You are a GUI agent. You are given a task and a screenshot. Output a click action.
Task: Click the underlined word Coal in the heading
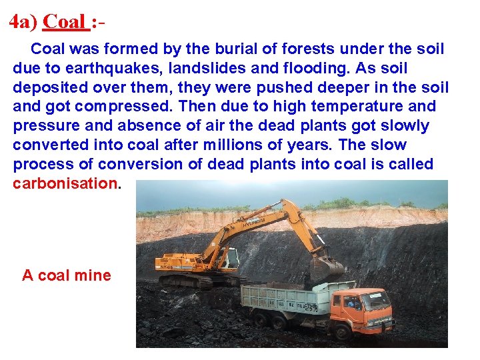tap(65, 21)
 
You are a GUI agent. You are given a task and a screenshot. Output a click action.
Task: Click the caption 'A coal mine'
tap(67, 275)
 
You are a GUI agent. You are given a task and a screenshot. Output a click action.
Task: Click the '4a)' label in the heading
tap(23, 21)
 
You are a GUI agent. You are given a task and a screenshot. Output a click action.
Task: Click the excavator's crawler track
tap(193, 281)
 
